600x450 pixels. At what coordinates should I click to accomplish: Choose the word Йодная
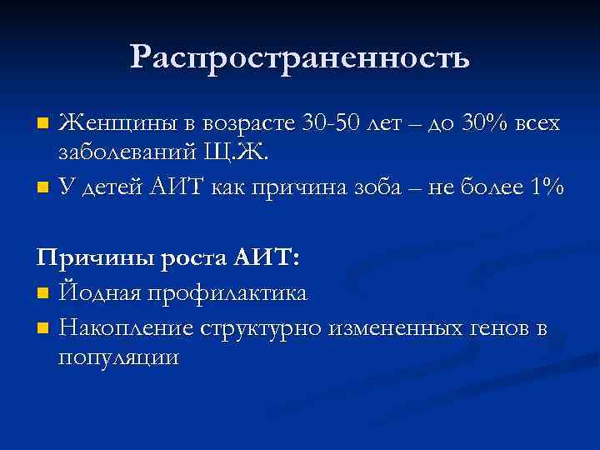click(100, 292)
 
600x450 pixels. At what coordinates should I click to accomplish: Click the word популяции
click(118, 358)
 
